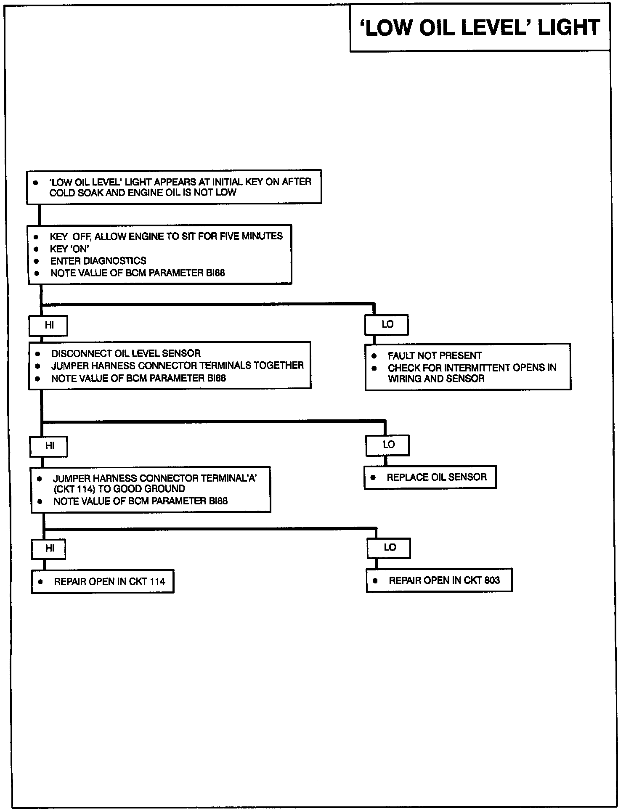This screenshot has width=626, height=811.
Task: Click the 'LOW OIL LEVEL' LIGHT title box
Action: (x=480, y=27)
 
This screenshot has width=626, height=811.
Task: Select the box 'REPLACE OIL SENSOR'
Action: (x=430, y=477)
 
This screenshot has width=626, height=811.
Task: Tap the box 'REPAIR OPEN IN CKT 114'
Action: (x=103, y=581)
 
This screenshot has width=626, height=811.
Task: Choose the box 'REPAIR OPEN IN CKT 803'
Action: (x=439, y=580)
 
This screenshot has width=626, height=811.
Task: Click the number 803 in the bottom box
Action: (x=492, y=580)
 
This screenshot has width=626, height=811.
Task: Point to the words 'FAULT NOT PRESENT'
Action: (x=435, y=355)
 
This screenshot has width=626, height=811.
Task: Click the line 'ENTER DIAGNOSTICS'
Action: (x=98, y=261)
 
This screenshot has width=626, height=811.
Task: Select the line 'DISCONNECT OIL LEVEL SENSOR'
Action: (x=126, y=353)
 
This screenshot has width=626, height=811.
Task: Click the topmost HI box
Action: (x=48, y=326)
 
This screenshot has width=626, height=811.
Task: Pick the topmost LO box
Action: (x=387, y=324)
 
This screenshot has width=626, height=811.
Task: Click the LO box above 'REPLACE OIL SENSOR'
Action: (x=388, y=445)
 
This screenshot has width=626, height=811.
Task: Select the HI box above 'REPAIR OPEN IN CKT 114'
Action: (x=49, y=549)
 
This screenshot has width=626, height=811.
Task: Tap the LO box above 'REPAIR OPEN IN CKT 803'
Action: (x=389, y=548)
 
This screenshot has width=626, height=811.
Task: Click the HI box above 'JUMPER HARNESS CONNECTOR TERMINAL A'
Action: (x=49, y=446)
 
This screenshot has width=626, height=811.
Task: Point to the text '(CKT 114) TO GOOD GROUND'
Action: (x=119, y=489)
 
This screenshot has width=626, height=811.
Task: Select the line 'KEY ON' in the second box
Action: (x=69, y=249)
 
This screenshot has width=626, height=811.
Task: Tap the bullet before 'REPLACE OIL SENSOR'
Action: (x=373, y=478)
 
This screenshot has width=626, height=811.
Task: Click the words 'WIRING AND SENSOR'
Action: (x=436, y=379)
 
